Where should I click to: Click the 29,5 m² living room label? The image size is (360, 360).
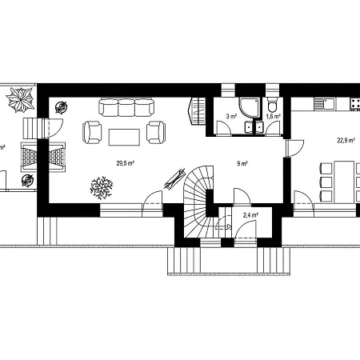(125, 163)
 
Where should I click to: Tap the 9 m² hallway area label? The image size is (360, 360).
(242, 163)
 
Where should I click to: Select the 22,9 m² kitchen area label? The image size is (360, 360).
(346, 141)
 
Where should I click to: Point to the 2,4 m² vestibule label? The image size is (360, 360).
(250, 215)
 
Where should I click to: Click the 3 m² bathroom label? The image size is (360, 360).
(231, 117)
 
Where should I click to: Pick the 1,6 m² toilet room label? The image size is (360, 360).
(274, 116)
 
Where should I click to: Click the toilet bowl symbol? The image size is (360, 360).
(272, 106)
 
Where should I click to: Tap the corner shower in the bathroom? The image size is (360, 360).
(250, 107)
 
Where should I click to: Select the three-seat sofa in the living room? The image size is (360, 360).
(126, 107)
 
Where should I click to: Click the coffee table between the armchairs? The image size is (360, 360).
(124, 138)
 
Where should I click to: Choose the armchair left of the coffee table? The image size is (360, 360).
(92, 133)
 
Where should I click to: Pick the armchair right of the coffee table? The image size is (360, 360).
(156, 133)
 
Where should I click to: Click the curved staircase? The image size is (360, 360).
(199, 202)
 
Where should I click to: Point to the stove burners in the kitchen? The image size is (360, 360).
(355, 104)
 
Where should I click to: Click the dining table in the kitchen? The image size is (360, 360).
(344, 182)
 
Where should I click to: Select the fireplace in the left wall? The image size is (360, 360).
(43, 157)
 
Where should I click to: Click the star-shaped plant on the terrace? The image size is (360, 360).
(21, 100)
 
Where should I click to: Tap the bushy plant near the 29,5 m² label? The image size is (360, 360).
(102, 188)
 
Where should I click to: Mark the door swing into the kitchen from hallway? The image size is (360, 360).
(295, 148)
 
